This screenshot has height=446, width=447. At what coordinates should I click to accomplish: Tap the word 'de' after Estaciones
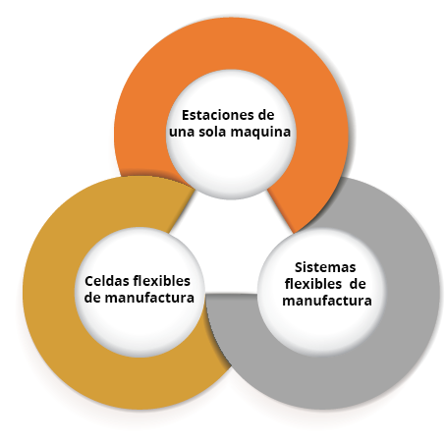coord(266,115)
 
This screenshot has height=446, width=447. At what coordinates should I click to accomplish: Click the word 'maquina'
coord(260,133)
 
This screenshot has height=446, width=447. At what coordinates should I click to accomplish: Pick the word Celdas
coord(107,281)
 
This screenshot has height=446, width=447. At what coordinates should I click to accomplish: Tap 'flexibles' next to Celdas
coord(162,281)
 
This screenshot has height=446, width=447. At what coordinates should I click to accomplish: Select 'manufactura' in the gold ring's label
coord(149,298)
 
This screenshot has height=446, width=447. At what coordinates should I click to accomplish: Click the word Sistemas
coord(325,267)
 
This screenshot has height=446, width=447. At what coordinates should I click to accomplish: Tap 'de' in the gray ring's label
coord(358,284)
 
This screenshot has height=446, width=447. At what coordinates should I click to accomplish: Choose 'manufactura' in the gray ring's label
coord(327,301)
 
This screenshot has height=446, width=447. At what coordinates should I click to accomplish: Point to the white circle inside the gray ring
coord(322,331)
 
